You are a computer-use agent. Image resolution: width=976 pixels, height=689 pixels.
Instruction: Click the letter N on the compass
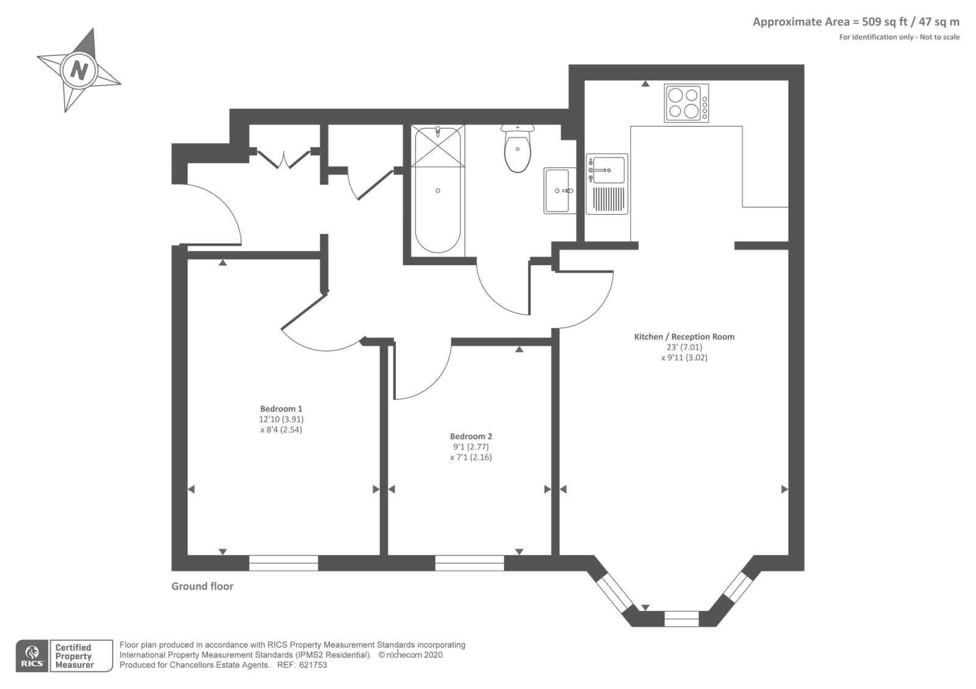[79, 70]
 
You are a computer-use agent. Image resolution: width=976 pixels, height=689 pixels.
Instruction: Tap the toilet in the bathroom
[518, 148]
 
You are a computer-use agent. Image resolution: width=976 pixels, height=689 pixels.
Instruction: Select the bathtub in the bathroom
[437, 190]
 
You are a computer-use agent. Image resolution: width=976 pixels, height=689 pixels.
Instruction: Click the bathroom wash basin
[560, 190]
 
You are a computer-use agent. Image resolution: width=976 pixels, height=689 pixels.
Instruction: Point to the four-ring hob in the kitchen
[686, 103]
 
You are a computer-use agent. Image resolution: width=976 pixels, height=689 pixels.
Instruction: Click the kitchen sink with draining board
[607, 184]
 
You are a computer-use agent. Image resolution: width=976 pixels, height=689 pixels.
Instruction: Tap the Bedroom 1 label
[281, 409]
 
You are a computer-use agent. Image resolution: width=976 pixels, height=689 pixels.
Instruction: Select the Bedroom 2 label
[471, 436]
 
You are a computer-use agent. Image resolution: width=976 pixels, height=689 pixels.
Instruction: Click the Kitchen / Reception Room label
[684, 337]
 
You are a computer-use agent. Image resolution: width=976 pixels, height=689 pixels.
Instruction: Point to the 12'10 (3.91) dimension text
[281, 419]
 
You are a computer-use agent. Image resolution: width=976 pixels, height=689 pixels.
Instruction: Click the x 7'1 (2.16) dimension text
[471, 457]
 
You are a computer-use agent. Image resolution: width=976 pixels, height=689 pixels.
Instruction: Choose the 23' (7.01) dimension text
[684, 347]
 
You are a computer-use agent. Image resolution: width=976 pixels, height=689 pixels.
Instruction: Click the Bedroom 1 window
[284, 563]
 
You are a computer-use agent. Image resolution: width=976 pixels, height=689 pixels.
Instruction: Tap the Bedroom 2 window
[470, 563]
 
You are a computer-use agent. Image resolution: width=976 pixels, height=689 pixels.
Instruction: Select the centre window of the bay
[682, 619]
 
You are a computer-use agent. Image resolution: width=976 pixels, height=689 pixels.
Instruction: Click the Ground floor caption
[202, 586]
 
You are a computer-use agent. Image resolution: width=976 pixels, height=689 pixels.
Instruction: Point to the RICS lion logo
[32, 655]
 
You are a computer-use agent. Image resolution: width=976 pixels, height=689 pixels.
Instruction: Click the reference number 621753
[313, 665]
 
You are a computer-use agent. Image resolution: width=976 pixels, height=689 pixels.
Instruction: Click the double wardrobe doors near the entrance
[284, 159]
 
